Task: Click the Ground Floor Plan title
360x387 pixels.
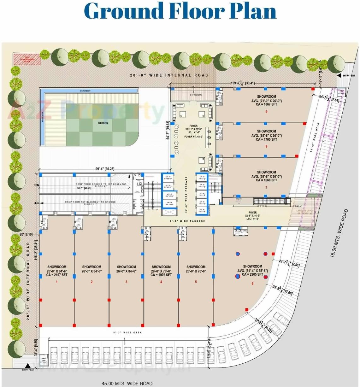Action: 180,11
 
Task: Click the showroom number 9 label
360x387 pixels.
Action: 267,111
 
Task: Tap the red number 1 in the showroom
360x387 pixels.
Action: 57,282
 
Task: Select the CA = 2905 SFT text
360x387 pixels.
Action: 252,274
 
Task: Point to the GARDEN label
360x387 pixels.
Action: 103,123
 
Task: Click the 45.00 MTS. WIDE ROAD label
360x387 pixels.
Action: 127,384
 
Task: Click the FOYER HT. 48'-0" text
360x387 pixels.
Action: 193,137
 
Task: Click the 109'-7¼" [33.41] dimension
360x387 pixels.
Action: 243,83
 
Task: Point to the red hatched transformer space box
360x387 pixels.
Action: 27,59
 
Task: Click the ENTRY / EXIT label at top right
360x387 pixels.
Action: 349,76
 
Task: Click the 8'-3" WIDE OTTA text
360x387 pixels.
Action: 127,332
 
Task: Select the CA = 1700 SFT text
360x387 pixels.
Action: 266,139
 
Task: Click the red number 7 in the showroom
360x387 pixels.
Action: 266,187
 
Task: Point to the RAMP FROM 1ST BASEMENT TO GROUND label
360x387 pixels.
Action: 90,202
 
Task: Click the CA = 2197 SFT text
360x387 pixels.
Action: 57,275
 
